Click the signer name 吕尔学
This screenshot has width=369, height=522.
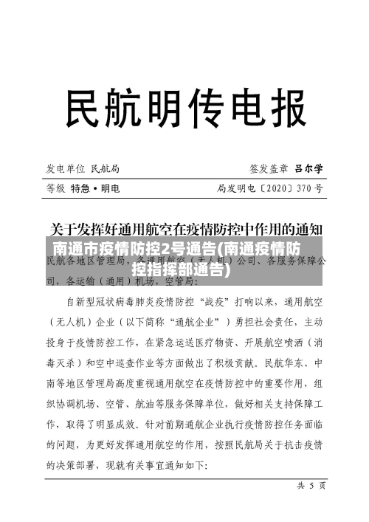click(309, 168)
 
